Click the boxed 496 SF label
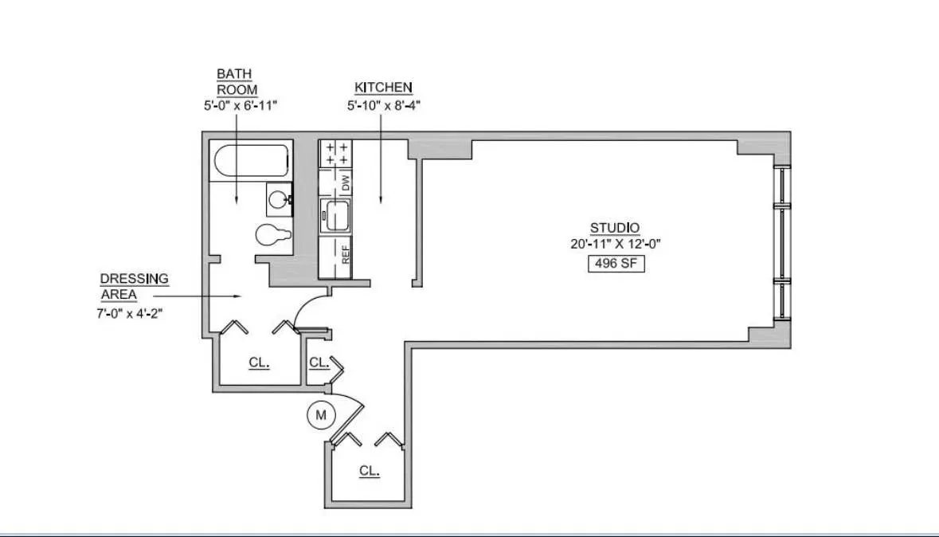tap(615, 264)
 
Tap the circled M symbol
tap(322, 414)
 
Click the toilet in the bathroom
tap(272, 236)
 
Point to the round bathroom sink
tap(279, 198)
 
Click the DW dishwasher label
tap(346, 182)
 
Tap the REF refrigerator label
tap(346, 256)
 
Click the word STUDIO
tap(614, 228)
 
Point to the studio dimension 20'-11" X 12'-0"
tap(616, 245)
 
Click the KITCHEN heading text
tap(383, 88)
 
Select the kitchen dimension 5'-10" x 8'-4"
tap(383, 104)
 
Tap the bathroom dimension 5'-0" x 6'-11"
tap(237, 104)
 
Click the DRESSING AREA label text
tap(133, 286)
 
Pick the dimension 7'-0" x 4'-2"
tap(130, 313)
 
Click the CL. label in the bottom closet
tap(368, 471)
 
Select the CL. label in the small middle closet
tap(319, 363)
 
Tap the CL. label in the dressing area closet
tap(259, 363)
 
